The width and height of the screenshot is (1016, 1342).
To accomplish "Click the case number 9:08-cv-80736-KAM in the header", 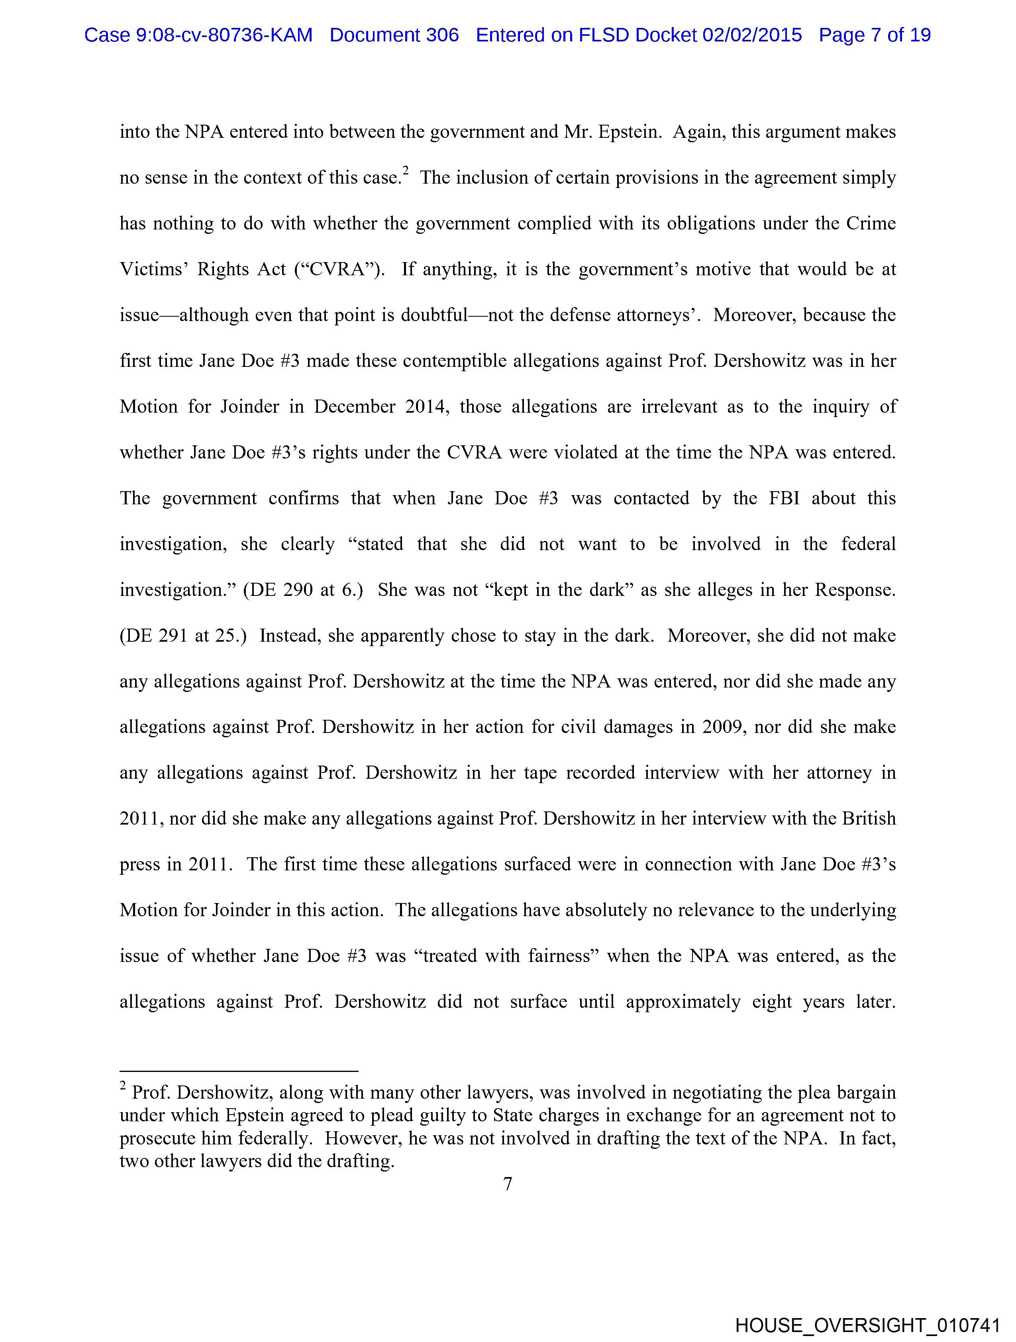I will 225,35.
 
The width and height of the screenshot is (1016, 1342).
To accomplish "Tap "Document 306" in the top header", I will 394,35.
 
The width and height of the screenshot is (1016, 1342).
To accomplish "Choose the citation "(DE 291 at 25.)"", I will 183,636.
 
